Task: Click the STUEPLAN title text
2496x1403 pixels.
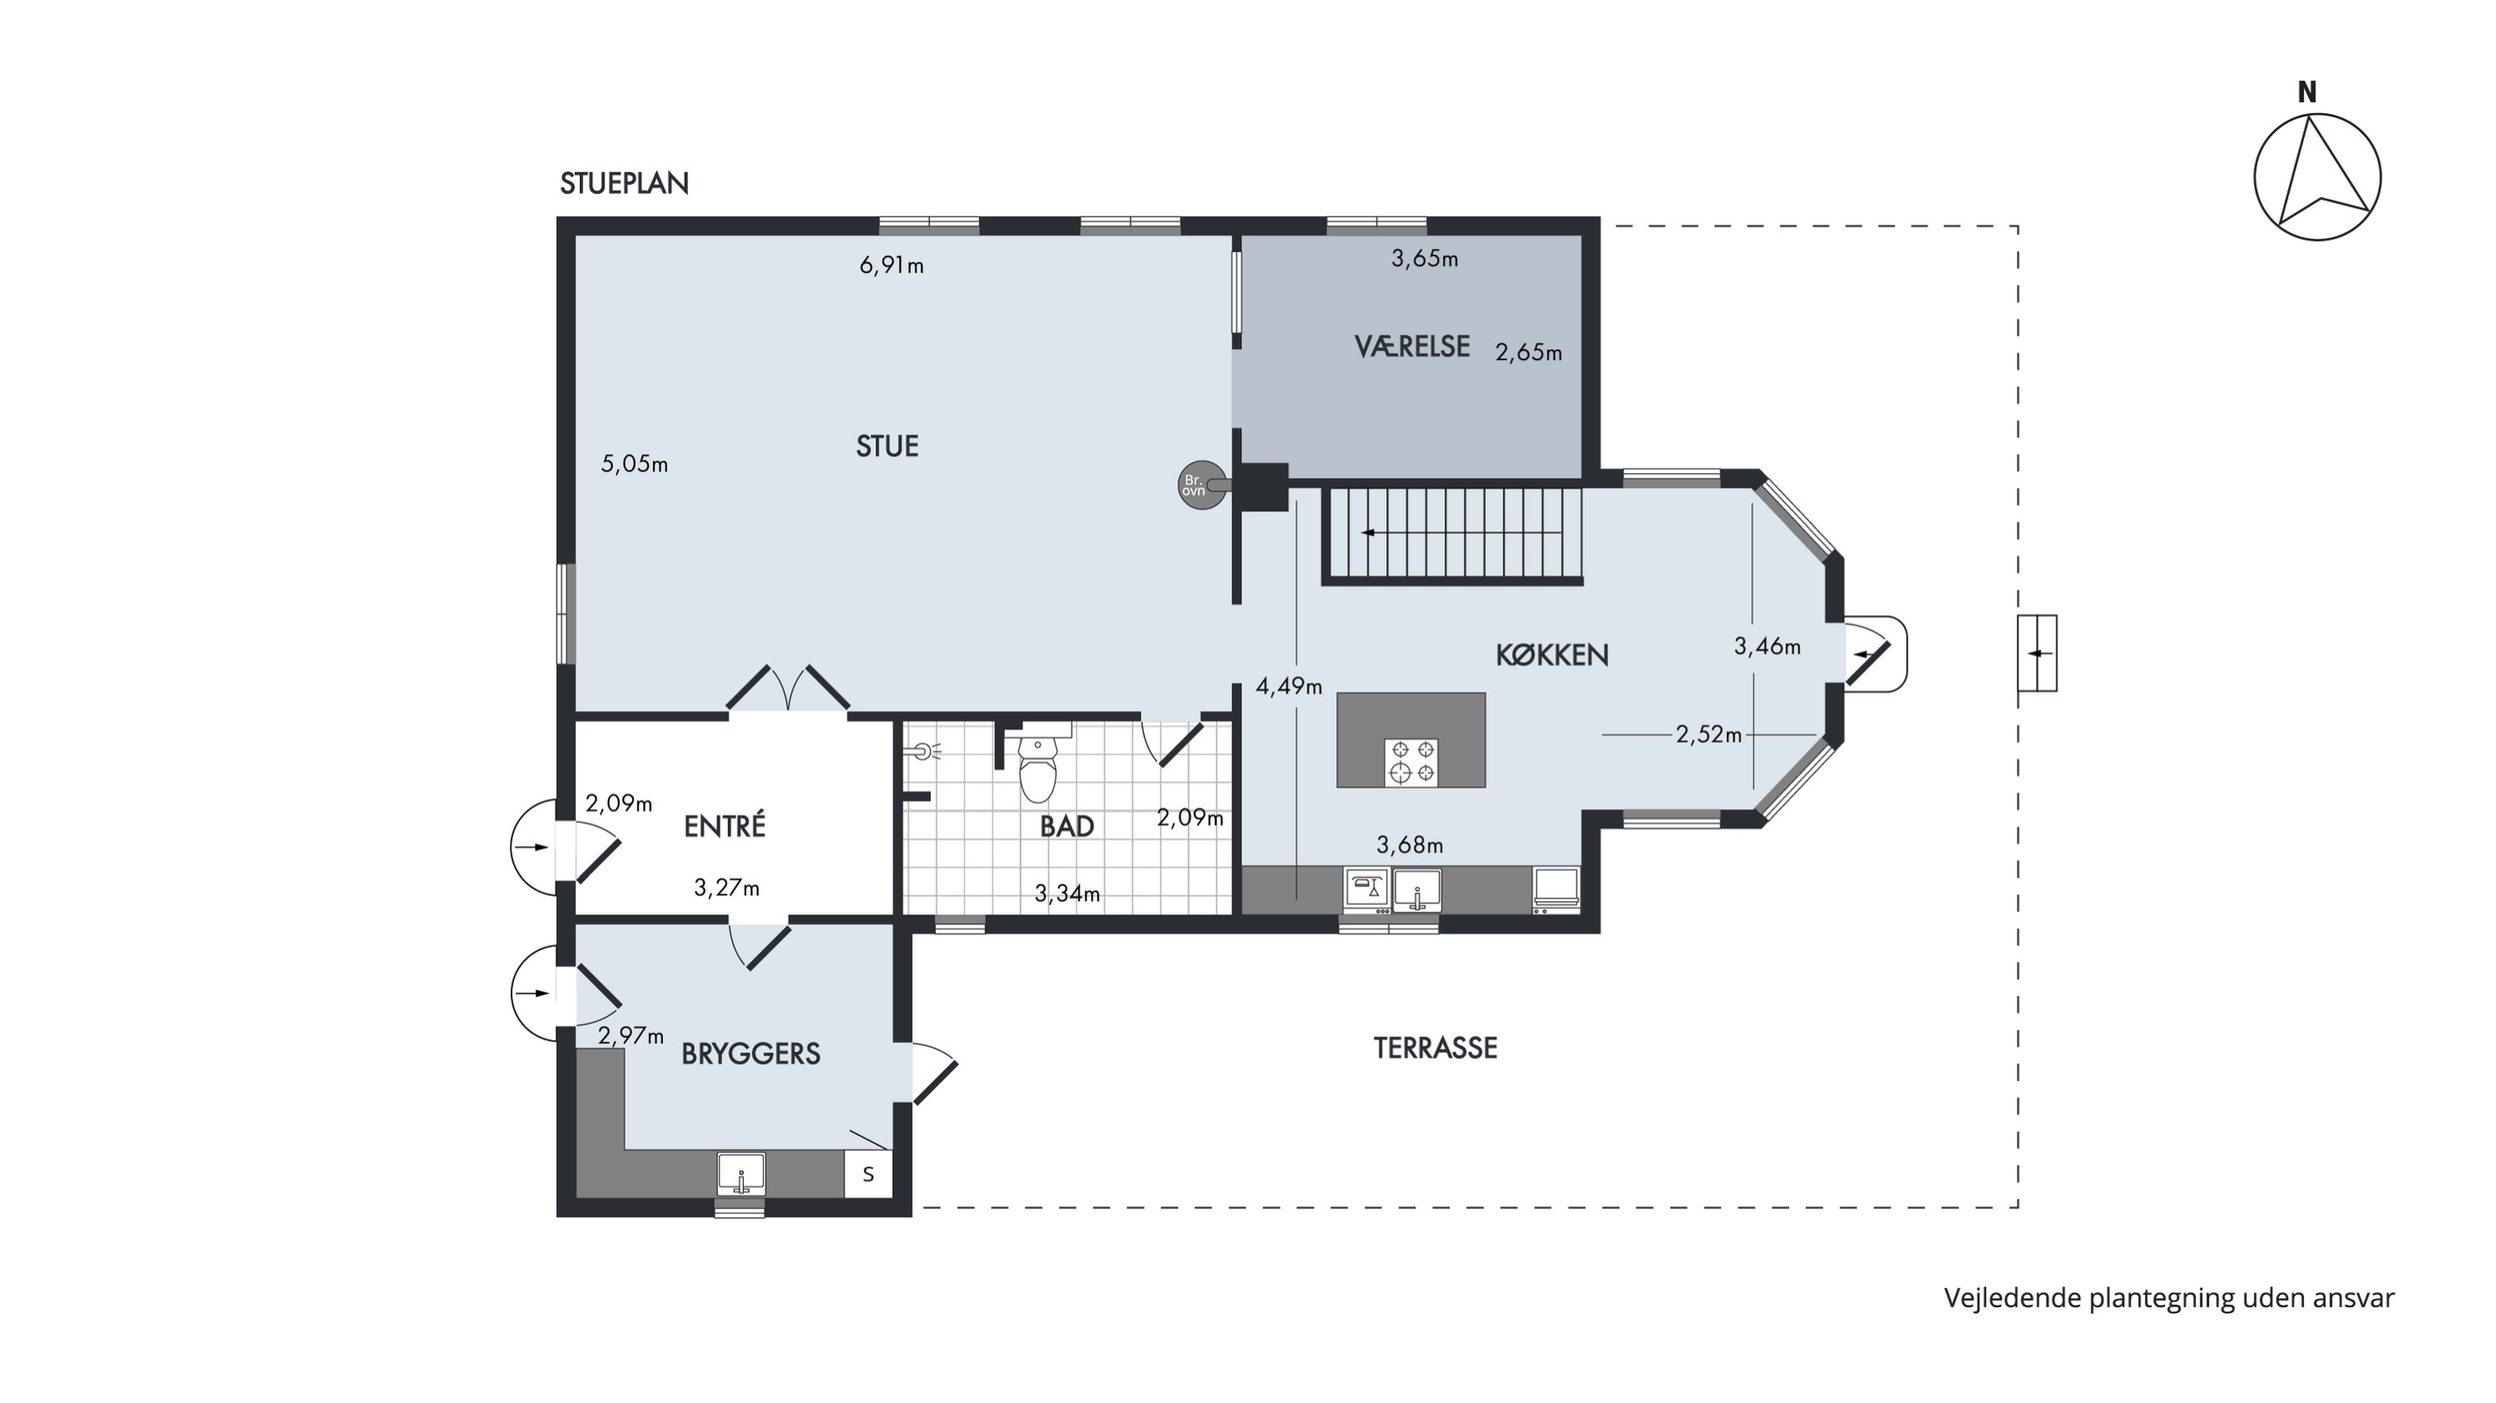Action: (x=624, y=183)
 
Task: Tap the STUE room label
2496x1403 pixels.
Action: (x=887, y=446)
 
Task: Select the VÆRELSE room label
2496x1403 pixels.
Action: (x=1412, y=346)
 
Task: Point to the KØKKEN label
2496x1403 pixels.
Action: (x=1553, y=655)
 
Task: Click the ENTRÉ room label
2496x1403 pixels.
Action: (x=725, y=825)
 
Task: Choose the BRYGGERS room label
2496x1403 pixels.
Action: (x=751, y=1053)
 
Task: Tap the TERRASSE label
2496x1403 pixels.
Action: (x=1435, y=1048)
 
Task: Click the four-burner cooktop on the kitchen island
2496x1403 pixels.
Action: (x=1412, y=761)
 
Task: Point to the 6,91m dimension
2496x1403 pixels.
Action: (x=891, y=265)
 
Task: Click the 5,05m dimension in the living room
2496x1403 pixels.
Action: (x=635, y=464)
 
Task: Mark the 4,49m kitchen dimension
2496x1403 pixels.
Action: (x=1289, y=687)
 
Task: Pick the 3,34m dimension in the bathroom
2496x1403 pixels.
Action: (x=1067, y=894)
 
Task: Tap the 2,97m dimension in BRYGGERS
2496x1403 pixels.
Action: (x=631, y=1036)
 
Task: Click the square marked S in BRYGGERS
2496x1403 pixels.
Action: (x=868, y=1174)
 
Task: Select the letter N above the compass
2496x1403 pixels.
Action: (x=2307, y=92)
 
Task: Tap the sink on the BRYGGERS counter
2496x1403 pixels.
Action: (x=741, y=1173)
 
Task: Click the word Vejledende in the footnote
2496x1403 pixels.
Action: (x=2013, y=1298)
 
